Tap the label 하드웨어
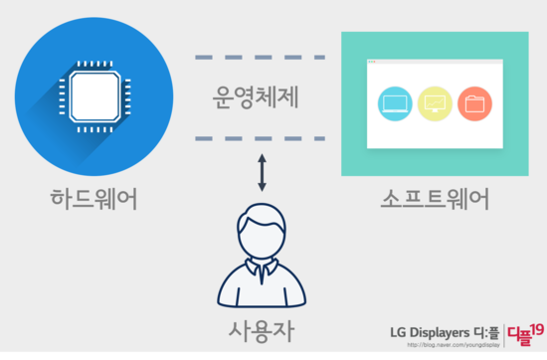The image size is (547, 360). click(x=93, y=198)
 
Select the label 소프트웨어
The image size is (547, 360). click(x=434, y=198)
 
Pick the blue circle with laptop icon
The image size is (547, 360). click(x=396, y=103)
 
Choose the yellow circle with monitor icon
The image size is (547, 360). click(x=435, y=103)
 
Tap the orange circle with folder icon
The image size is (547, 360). click(x=474, y=103)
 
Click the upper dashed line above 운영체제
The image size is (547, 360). click(x=261, y=57)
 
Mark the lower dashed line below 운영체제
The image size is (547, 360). click(x=261, y=138)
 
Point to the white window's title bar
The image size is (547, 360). click(x=435, y=64)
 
